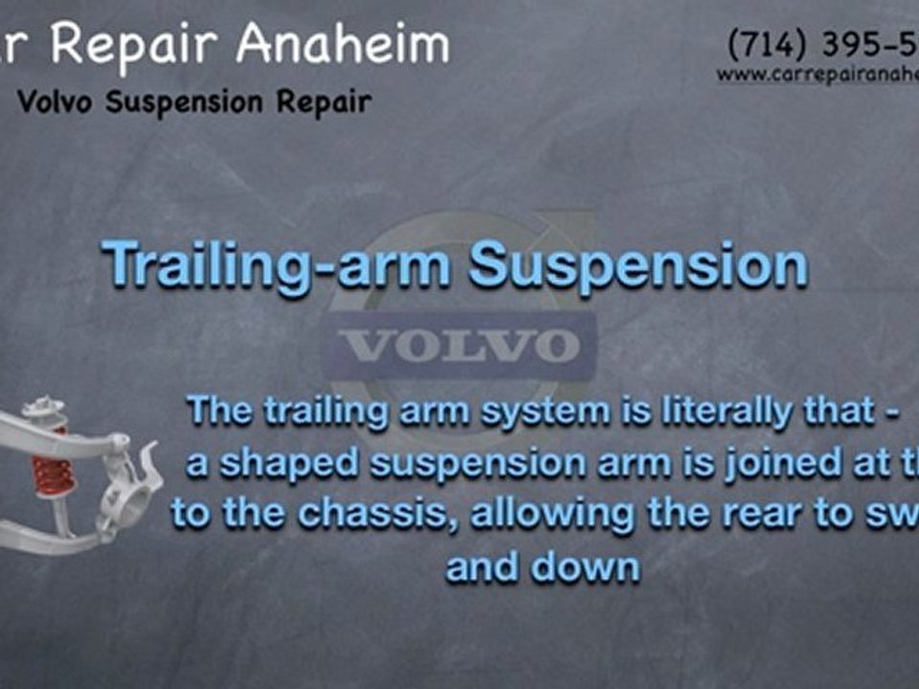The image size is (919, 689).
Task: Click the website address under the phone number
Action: coord(818,75)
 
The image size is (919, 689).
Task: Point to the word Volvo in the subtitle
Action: coord(57,101)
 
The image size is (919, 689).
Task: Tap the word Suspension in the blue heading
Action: coord(638,265)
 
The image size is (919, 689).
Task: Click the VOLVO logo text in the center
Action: coord(459,346)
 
